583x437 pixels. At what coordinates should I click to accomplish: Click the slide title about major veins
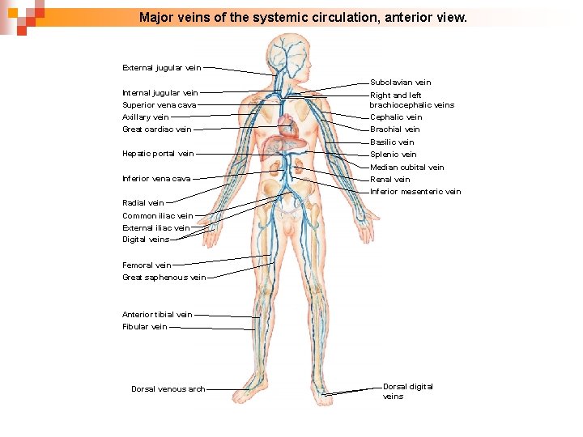(x=303, y=16)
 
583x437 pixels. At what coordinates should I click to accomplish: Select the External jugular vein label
(x=161, y=67)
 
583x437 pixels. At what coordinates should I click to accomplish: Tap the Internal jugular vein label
(x=160, y=93)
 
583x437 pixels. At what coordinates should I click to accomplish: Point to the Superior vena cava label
(x=159, y=105)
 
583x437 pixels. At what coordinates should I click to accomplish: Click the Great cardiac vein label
(x=157, y=129)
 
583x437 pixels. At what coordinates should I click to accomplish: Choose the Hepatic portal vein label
(x=158, y=154)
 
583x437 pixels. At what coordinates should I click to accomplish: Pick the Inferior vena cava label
(x=156, y=179)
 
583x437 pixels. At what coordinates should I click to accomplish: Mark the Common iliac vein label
(x=157, y=216)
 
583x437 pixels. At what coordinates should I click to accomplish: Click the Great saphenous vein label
(x=164, y=278)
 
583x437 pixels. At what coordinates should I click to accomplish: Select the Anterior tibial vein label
(x=157, y=315)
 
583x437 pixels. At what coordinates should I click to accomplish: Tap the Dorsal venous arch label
(x=168, y=389)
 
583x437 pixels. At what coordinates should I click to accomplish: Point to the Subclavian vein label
(x=401, y=83)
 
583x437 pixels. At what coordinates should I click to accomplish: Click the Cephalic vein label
(x=396, y=117)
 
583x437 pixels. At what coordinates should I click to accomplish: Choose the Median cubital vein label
(x=406, y=168)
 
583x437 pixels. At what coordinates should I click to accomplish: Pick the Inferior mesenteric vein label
(x=415, y=192)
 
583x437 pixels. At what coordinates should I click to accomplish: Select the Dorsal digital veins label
(x=407, y=391)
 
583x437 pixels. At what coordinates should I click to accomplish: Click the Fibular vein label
(x=145, y=327)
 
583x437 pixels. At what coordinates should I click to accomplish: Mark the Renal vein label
(x=389, y=180)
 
